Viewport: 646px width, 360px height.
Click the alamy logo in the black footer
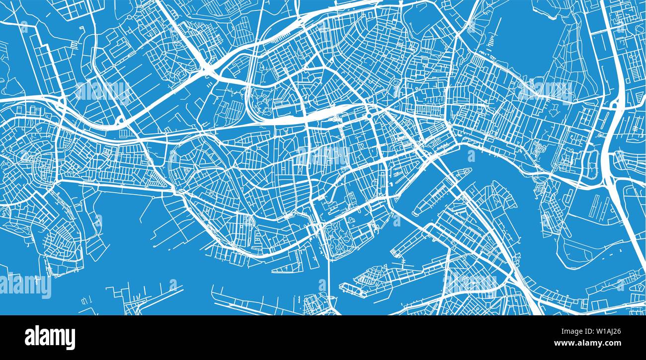(50, 337)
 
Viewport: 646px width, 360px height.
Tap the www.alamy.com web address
(597, 343)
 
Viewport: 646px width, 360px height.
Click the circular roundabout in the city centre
(370, 116)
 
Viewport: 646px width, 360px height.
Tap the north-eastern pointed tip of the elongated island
(468, 171)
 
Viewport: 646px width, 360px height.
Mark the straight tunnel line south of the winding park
(328, 278)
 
